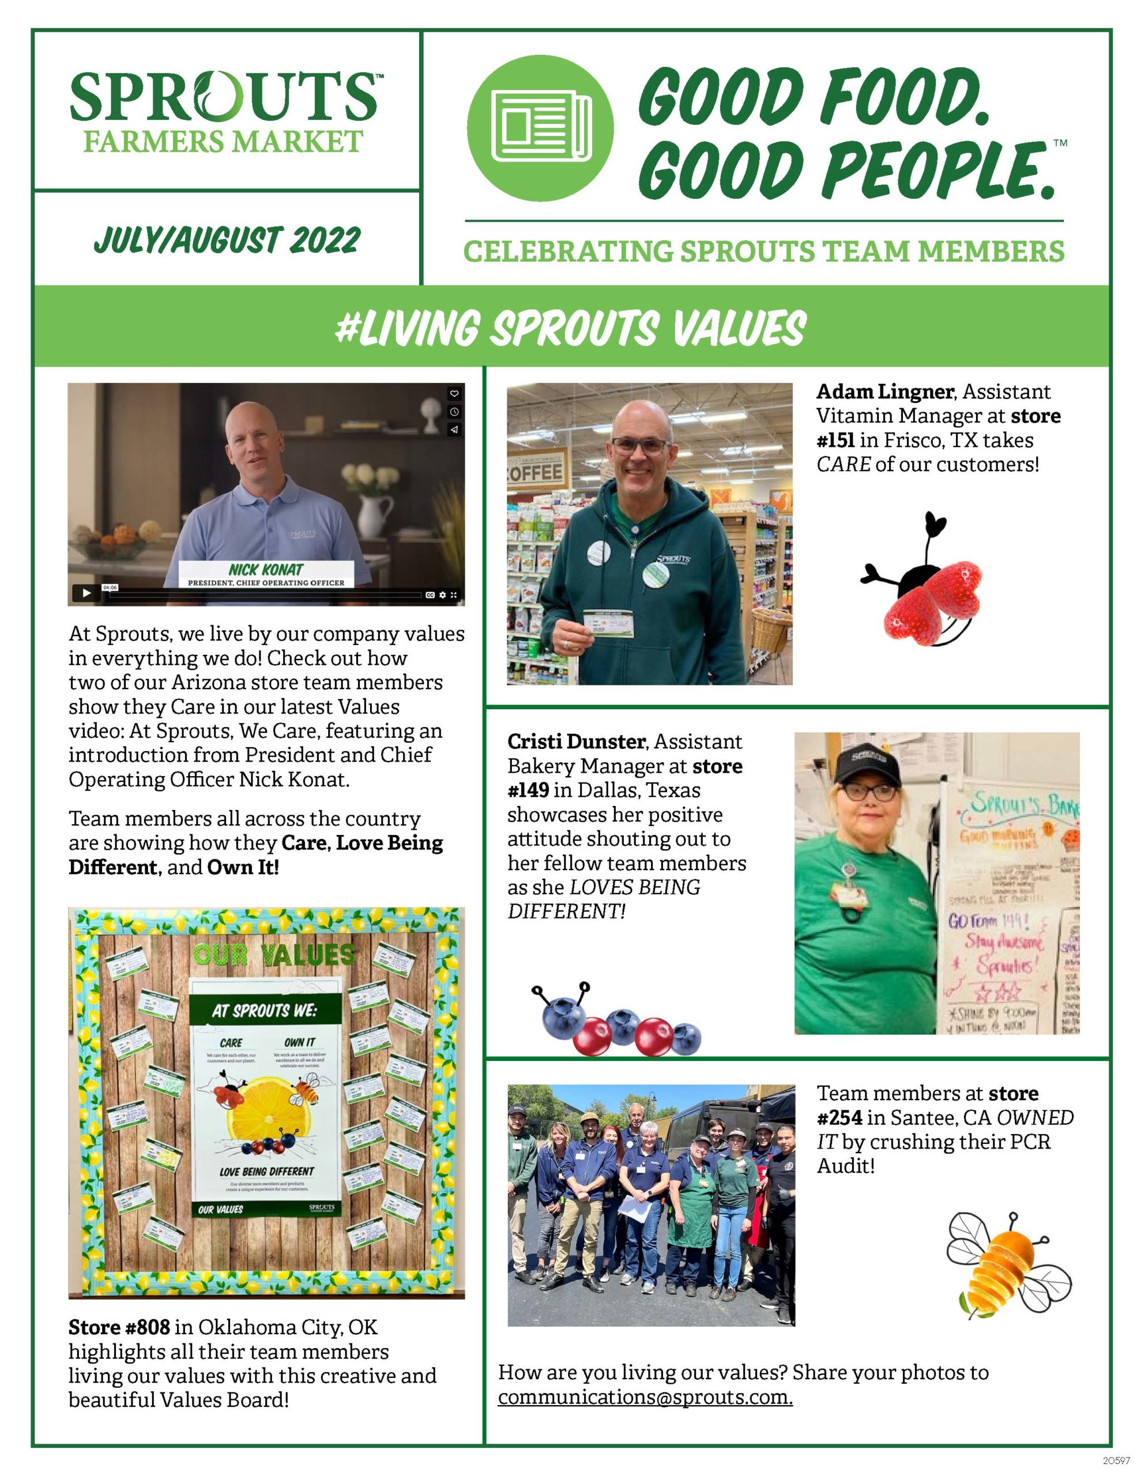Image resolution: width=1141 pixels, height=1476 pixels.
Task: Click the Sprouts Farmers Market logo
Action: (x=224, y=110)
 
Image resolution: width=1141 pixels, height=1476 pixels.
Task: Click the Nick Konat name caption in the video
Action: (x=266, y=569)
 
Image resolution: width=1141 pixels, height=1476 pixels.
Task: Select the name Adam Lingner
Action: (x=885, y=391)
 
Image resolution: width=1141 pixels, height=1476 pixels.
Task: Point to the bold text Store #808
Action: (x=119, y=1327)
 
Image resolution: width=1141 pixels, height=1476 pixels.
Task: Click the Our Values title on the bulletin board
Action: (x=274, y=955)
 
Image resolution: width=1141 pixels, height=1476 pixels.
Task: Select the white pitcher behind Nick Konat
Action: (x=377, y=514)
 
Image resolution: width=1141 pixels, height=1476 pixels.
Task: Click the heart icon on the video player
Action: (x=454, y=393)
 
